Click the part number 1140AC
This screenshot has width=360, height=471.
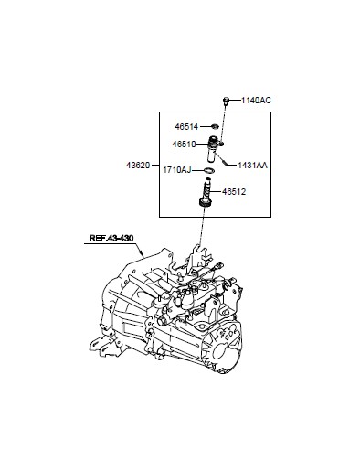point(256,101)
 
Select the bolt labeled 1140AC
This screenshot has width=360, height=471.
point(226,102)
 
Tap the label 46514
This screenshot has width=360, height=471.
point(186,126)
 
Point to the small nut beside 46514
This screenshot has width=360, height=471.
point(215,126)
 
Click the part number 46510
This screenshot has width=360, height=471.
point(184,144)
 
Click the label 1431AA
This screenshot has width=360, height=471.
point(252,166)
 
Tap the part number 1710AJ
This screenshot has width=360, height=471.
point(177,170)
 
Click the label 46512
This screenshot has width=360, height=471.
point(234,192)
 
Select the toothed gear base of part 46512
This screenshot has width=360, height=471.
point(204,202)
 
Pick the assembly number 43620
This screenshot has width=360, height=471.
point(138,166)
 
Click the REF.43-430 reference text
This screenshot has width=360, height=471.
point(111,238)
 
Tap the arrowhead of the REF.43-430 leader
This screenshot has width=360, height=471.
point(142,253)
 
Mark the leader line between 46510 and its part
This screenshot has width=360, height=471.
point(202,144)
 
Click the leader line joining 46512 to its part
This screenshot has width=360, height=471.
point(217,192)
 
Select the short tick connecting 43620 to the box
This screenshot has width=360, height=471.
point(155,166)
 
